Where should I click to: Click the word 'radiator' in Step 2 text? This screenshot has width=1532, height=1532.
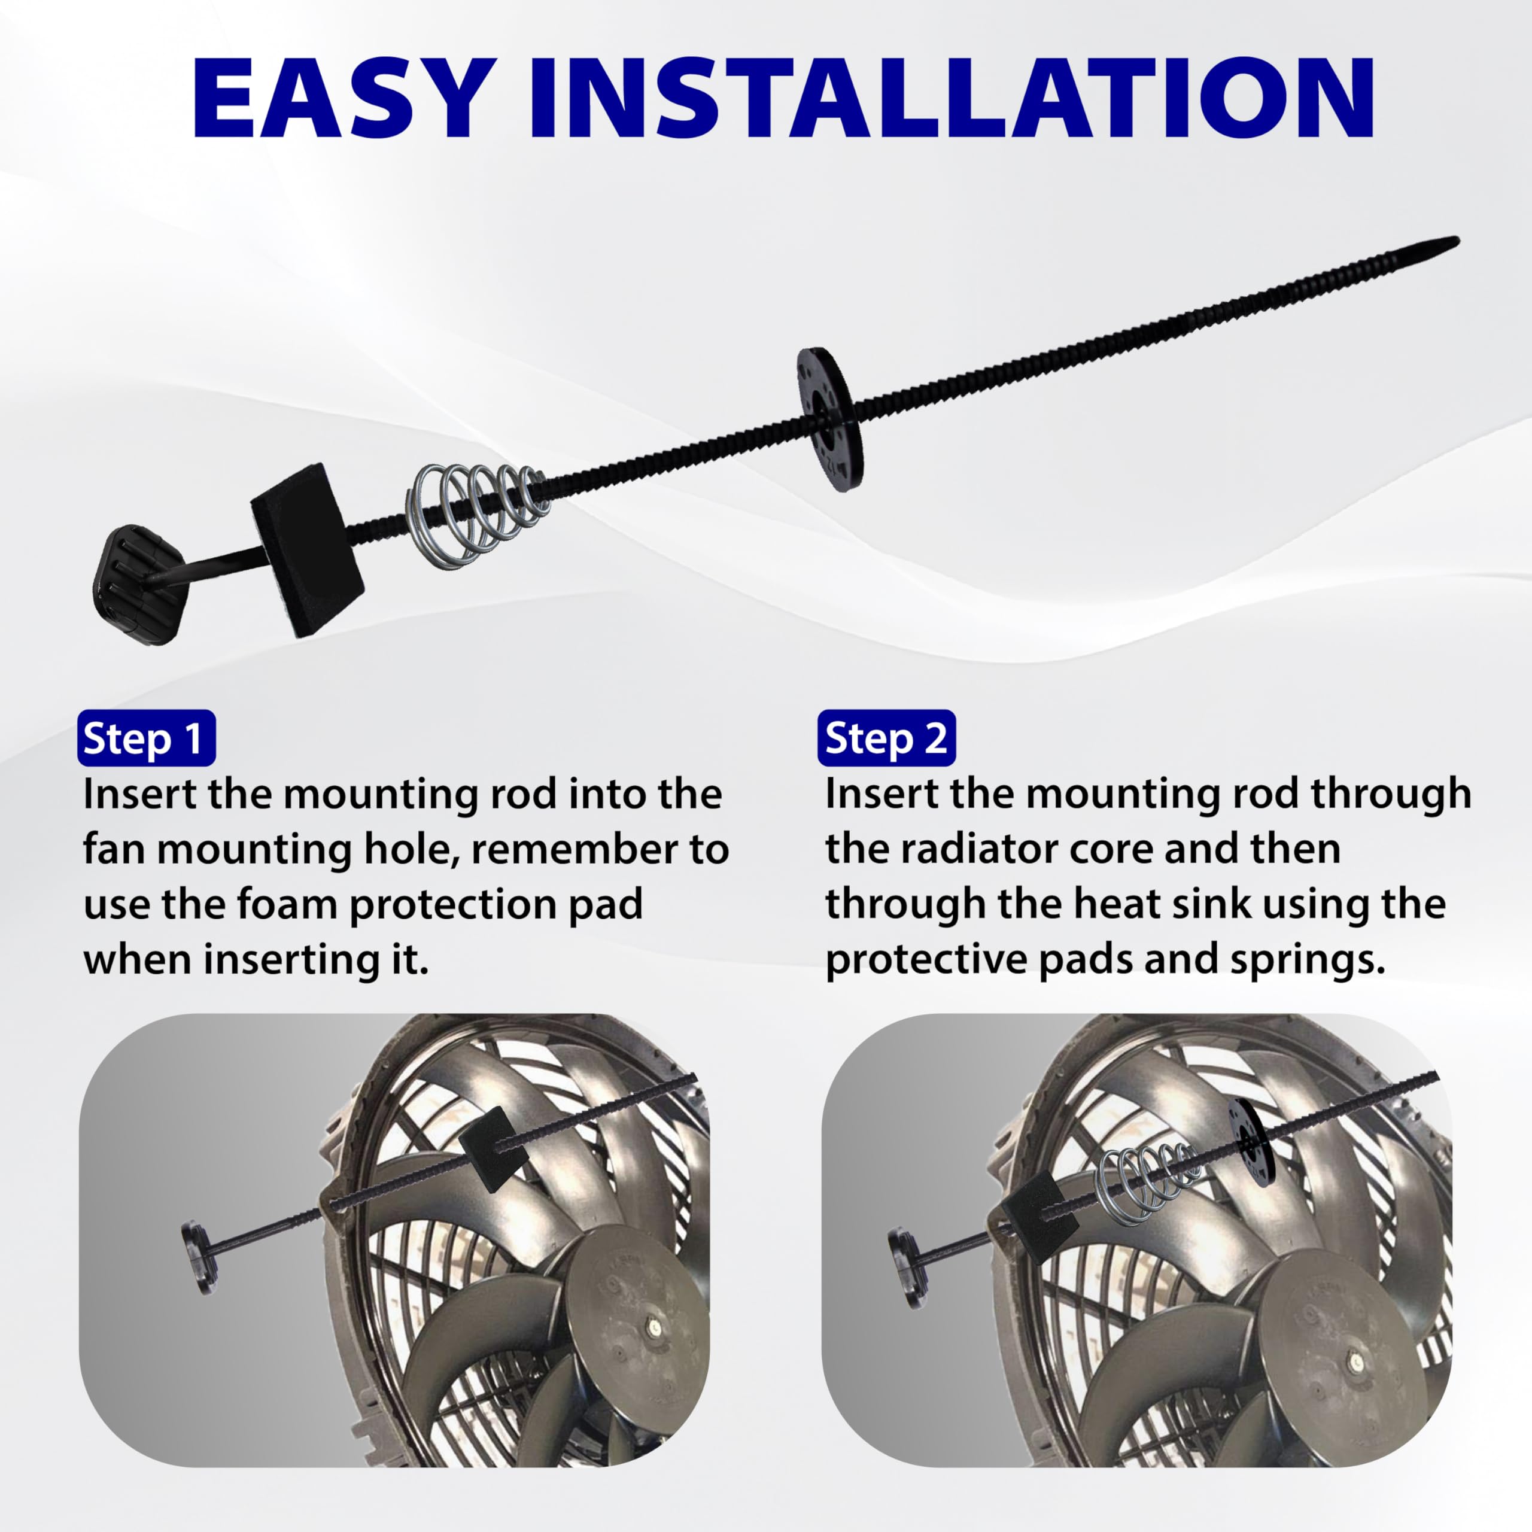[978, 849]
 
